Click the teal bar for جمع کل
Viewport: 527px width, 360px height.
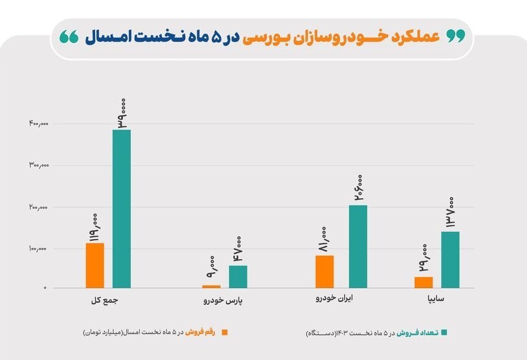click(x=122, y=208)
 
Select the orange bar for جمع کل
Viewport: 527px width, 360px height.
click(x=95, y=265)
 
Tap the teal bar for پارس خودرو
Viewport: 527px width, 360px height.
click(x=238, y=276)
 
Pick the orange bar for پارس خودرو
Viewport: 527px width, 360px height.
click(x=211, y=286)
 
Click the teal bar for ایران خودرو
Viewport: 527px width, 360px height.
click(x=358, y=246)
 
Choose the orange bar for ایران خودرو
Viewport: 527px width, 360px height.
click(x=324, y=271)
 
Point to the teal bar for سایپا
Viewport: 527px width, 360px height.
click(x=450, y=259)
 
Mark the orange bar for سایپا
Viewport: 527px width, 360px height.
click(x=423, y=282)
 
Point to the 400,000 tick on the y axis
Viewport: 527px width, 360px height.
click(x=38, y=123)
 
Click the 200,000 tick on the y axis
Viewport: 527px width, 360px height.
click(x=38, y=207)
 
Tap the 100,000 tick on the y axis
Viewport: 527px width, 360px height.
click(x=38, y=249)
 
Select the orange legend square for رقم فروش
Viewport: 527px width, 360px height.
click(x=225, y=332)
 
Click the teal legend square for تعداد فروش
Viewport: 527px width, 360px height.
click(x=444, y=332)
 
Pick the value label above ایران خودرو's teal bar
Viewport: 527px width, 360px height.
click(x=358, y=187)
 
